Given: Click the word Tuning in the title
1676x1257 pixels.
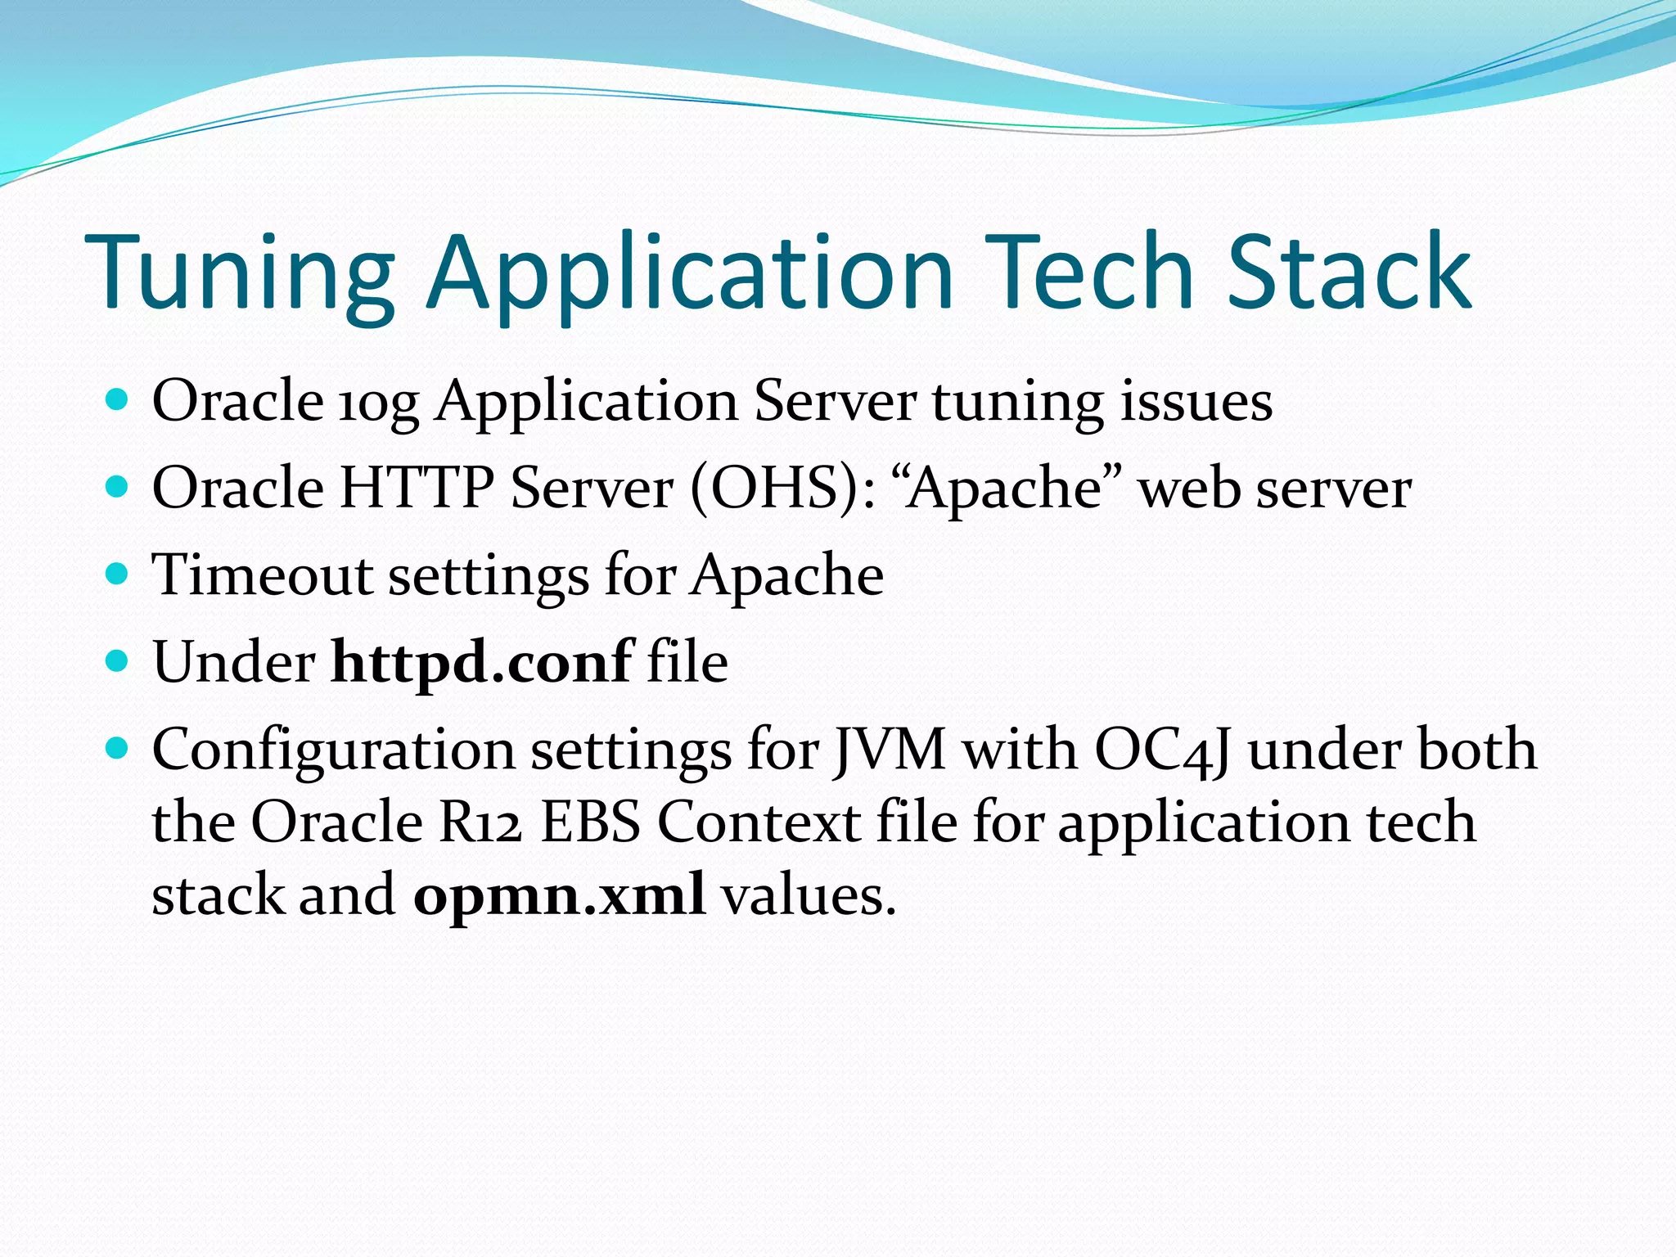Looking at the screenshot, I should click(x=239, y=274).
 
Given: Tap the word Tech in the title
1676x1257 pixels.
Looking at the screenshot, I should click(x=1088, y=274).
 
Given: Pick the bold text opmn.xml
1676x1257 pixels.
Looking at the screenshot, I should click(x=559, y=894).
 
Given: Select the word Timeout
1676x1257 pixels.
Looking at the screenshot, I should click(x=262, y=574).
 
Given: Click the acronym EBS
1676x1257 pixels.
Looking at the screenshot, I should click(x=590, y=822).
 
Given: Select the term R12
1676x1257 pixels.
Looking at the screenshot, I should click(x=480, y=822).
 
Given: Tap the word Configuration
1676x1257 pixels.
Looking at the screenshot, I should click(x=333, y=750).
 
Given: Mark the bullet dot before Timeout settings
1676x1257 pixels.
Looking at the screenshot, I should click(x=118, y=574).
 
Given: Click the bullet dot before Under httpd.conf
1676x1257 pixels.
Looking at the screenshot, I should click(x=118, y=660).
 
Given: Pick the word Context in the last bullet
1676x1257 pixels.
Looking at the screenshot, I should click(x=758, y=822).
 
